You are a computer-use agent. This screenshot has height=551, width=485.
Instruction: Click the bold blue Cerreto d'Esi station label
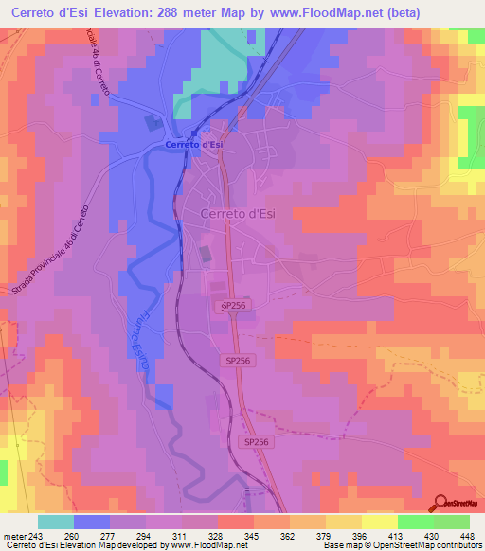(x=194, y=145)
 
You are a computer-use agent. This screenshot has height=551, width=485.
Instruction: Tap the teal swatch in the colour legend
(x=56, y=521)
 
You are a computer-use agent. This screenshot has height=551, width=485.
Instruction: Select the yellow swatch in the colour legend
(x=379, y=521)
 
